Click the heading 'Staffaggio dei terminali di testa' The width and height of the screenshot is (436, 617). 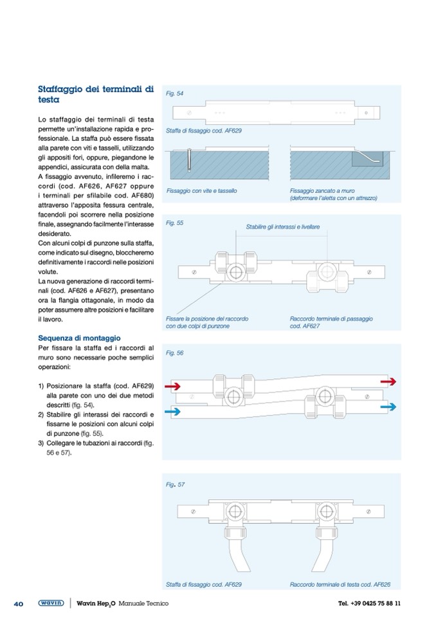(x=95, y=95)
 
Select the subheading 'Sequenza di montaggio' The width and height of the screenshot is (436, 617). (x=79, y=338)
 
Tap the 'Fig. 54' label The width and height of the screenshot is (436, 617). (x=175, y=93)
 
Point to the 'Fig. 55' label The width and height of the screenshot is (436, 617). (x=175, y=223)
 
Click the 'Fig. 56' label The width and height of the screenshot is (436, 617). (x=175, y=353)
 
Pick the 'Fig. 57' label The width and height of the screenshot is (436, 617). (x=175, y=484)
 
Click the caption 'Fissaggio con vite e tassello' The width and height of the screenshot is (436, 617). (x=201, y=191)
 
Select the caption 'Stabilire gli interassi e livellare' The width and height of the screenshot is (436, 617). (x=283, y=226)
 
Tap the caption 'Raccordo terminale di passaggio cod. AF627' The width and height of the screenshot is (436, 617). (x=331, y=322)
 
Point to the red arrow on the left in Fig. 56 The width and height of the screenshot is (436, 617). (x=174, y=387)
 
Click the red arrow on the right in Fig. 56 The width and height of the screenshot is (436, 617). (x=388, y=382)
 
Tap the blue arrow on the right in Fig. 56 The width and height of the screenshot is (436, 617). (x=388, y=407)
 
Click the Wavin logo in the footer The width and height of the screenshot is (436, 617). (x=51, y=603)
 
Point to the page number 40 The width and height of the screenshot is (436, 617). (x=19, y=603)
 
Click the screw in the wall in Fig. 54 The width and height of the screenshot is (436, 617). (x=190, y=159)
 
